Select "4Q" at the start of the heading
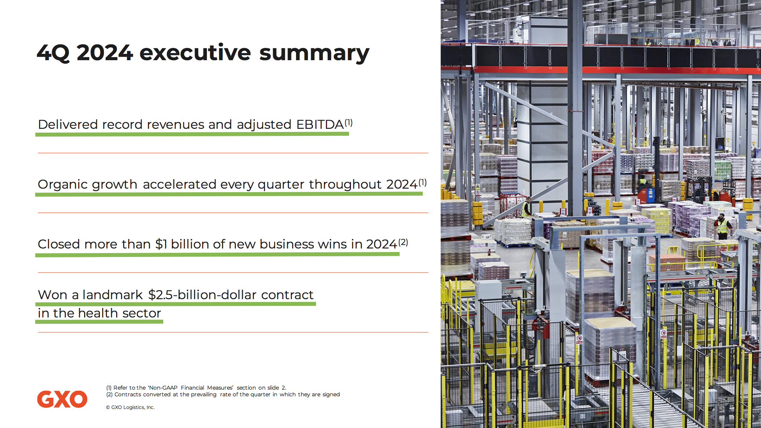pos(54,53)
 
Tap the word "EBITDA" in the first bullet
pos(320,125)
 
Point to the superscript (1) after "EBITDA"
pos(348,122)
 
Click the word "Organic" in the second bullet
pos(63,185)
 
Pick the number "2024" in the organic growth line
pos(402,184)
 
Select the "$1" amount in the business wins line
pos(161,244)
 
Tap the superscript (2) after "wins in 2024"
pos(403,242)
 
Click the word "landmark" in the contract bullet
pos(112,295)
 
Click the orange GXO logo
pos(62,399)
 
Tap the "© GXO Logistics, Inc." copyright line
pos(130,407)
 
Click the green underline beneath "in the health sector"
pos(99,322)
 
